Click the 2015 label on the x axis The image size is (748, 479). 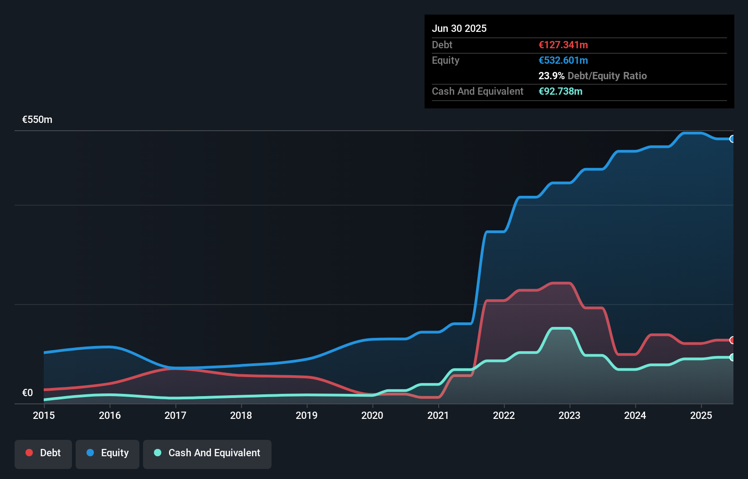(x=44, y=415)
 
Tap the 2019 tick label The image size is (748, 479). (x=307, y=415)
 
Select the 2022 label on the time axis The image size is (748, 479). (x=504, y=415)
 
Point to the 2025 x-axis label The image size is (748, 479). (x=701, y=415)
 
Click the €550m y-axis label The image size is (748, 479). (x=37, y=120)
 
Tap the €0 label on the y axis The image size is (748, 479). (x=27, y=393)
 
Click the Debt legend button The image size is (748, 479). (x=43, y=453)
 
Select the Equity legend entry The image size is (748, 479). (x=108, y=453)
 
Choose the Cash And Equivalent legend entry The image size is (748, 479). (x=207, y=453)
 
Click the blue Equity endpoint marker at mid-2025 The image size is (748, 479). (x=733, y=139)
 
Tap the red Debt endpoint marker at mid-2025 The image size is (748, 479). (x=733, y=340)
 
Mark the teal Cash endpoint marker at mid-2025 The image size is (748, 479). (x=733, y=357)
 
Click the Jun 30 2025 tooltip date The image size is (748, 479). (x=459, y=28)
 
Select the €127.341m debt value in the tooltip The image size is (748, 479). (x=563, y=45)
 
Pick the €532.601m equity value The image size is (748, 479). (x=563, y=60)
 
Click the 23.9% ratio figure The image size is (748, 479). (x=551, y=76)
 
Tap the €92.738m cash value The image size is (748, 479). (x=560, y=91)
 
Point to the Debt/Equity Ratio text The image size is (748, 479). (x=607, y=76)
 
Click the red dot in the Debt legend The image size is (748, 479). (x=29, y=453)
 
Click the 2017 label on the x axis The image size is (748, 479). (x=175, y=415)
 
